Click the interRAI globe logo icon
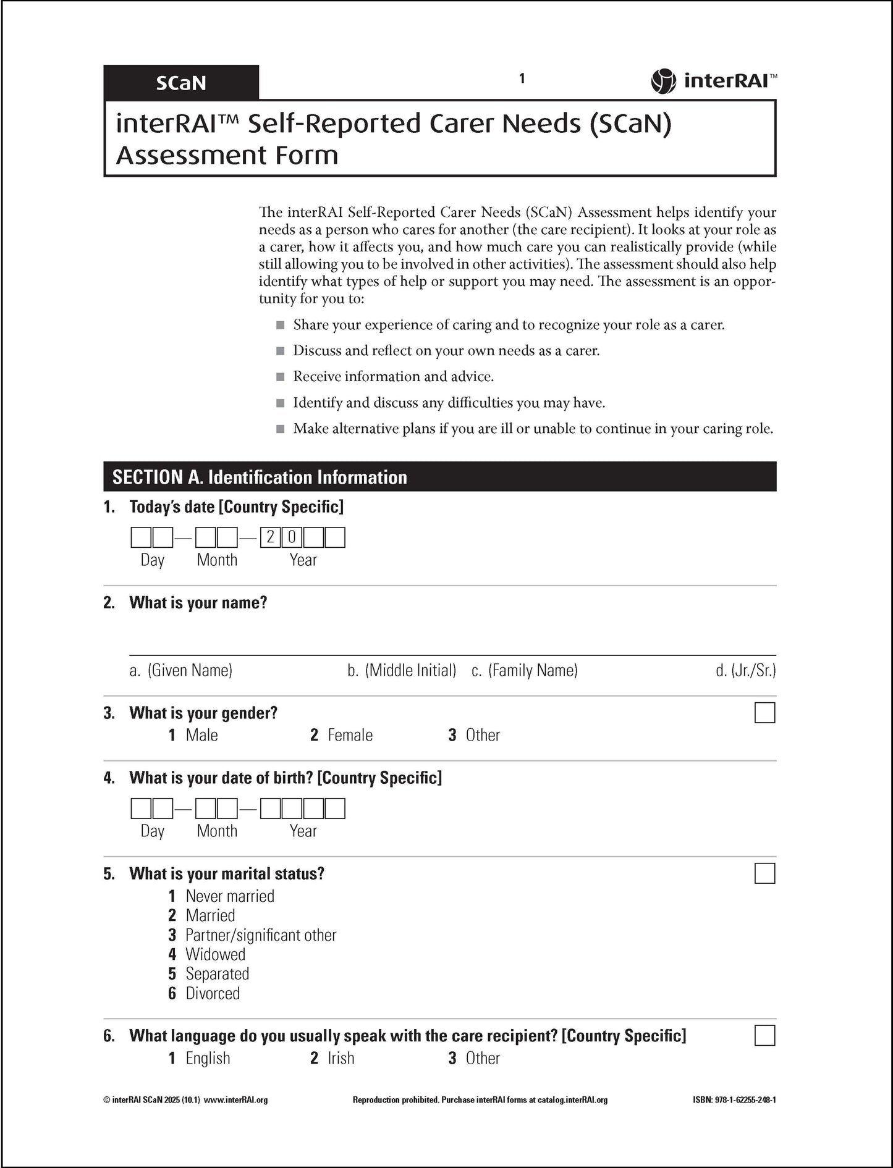click(663, 81)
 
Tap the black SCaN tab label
click(180, 83)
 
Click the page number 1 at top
click(522, 78)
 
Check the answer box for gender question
click(764, 713)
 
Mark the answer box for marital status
click(764, 873)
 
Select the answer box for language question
click(764, 1035)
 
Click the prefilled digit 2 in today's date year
click(270, 537)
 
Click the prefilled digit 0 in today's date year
click(292, 537)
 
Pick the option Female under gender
click(350, 735)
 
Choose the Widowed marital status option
click(215, 954)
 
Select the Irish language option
click(341, 1058)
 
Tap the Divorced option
click(213, 993)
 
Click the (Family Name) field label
click(533, 670)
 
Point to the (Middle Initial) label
click(410, 670)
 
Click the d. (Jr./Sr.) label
click(745, 670)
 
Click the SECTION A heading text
click(260, 477)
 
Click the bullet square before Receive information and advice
click(281, 377)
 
